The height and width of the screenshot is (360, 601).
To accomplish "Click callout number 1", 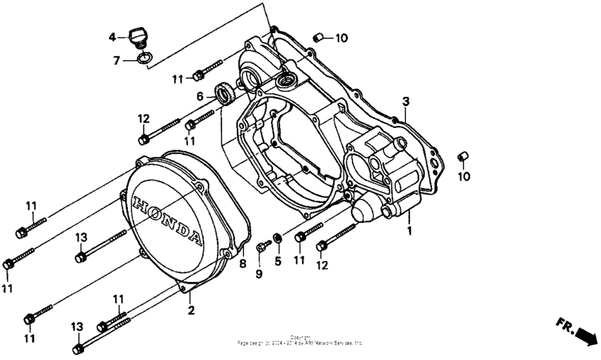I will tap(409, 231).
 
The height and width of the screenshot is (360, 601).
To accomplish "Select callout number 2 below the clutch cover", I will tap(190, 310).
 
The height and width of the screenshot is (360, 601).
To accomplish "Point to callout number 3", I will tap(406, 100).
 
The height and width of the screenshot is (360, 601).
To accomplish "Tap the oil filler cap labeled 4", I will tap(138, 35).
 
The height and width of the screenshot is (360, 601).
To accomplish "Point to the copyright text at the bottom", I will tap(300, 341).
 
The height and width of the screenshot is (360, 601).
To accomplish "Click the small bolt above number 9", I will tap(264, 245).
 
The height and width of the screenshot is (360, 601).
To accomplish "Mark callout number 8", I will tap(243, 264).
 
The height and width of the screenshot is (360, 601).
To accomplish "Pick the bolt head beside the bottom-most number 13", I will tap(78, 348).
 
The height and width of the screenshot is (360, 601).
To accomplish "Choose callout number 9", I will tap(259, 274).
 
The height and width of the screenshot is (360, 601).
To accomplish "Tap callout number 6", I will tap(200, 97).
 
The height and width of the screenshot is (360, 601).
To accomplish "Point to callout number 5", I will tap(278, 261).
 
